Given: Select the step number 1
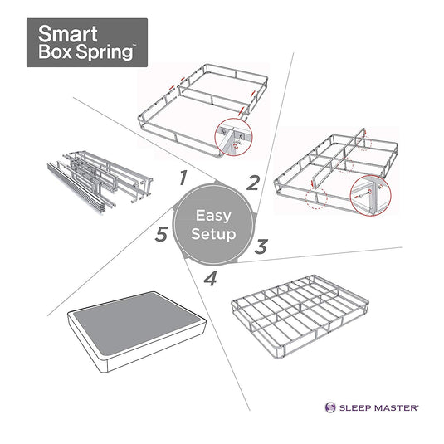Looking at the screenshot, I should pos(183,177).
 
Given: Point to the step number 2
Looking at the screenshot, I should pos(252,183).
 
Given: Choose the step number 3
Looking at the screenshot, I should pos(260,246).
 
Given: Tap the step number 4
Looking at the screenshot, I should pos(210,280).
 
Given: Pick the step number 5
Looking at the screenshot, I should pos(163,235).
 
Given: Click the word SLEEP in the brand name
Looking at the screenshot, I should pos(356,407).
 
